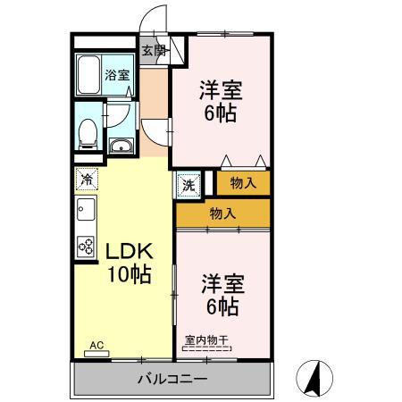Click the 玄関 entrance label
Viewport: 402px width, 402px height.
tap(153, 51)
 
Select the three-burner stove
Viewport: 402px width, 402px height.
tap(86, 244)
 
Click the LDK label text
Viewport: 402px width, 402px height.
tap(125, 251)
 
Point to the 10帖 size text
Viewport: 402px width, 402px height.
tap(125, 274)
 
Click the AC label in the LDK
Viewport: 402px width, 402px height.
tap(96, 345)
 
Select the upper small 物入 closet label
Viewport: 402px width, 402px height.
tap(242, 183)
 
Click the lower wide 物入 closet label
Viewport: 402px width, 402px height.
tap(222, 214)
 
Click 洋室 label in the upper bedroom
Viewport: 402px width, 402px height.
tap(219, 91)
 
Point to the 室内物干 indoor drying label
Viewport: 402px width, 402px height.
tap(207, 340)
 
